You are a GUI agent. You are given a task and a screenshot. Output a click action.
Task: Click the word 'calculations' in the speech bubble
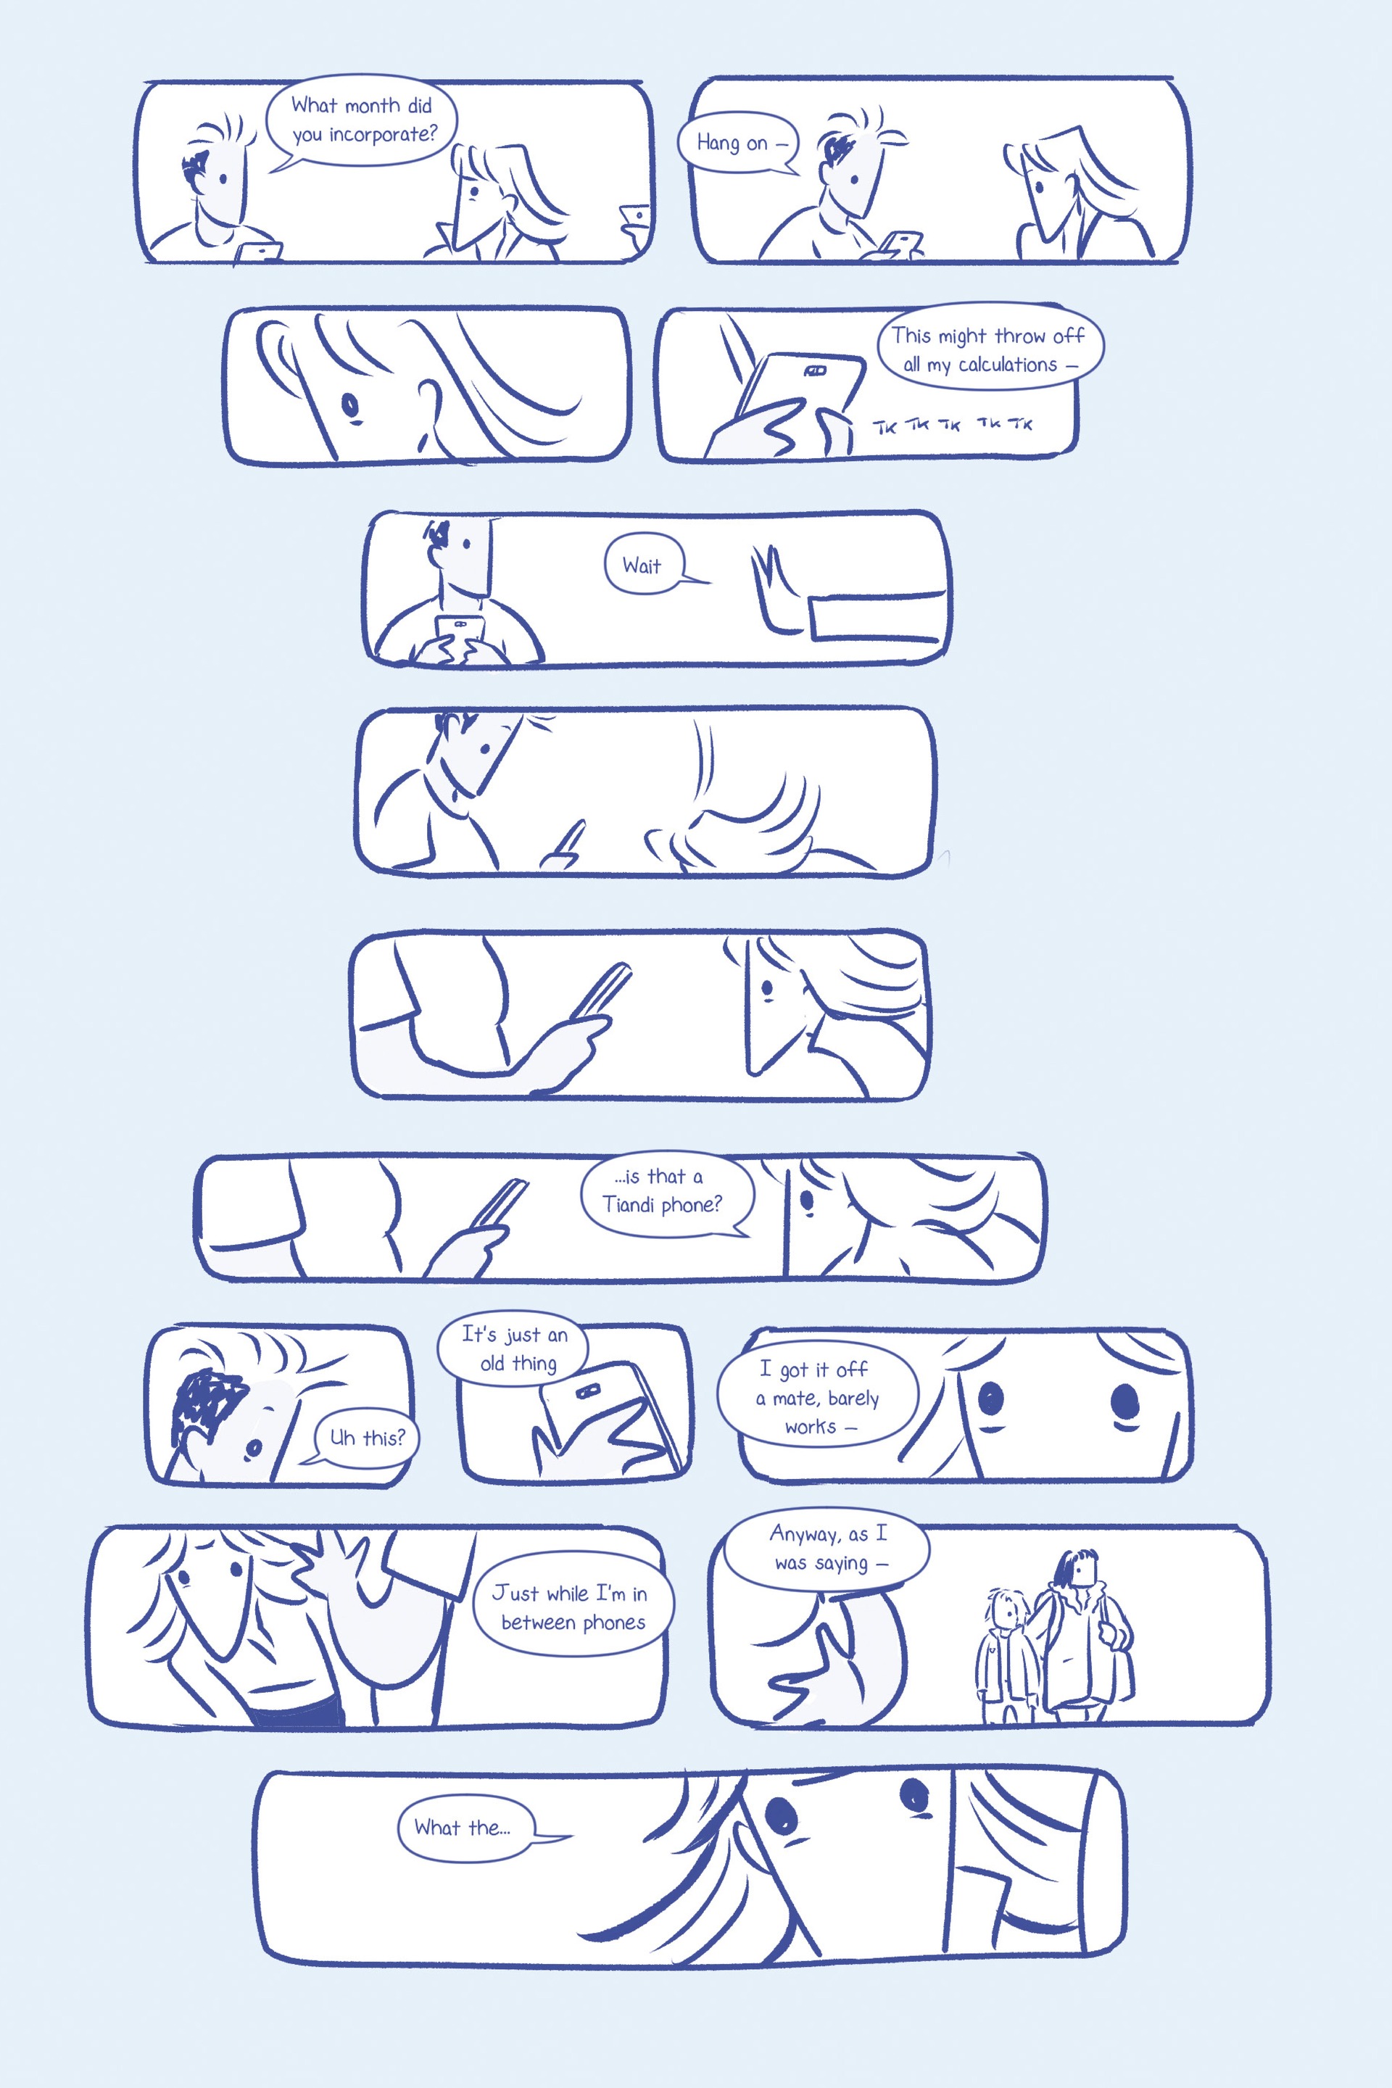(x=1008, y=365)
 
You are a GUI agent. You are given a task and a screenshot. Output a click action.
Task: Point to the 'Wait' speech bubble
(x=646, y=565)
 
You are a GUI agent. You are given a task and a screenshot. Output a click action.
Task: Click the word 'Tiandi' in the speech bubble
(x=629, y=1203)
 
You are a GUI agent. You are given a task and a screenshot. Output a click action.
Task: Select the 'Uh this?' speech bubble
(x=365, y=1437)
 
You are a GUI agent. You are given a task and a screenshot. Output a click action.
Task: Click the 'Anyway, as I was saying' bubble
(x=826, y=1550)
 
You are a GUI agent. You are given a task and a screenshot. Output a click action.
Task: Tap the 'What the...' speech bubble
(x=466, y=1828)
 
